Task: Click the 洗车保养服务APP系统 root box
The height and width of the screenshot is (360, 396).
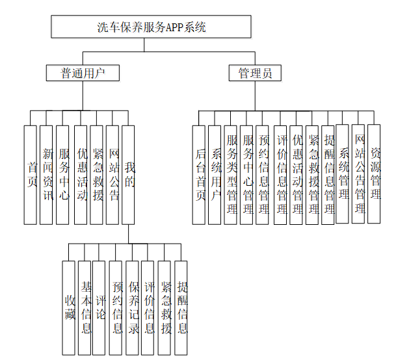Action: (x=151, y=27)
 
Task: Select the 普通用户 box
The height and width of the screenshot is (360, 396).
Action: (x=83, y=73)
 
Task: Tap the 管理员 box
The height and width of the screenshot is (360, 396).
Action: (x=255, y=73)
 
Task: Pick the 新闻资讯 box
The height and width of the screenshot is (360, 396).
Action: (x=47, y=175)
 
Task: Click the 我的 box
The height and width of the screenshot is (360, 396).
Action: (x=129, y=175)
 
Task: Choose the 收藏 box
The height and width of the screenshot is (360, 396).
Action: (x=70, y=307)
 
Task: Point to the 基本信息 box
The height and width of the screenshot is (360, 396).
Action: (x=85, y=307)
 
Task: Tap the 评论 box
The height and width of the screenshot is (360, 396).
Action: (x=99, y=307)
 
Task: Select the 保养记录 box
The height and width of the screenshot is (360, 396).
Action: (x=133, y=307)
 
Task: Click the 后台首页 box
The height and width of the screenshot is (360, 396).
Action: (x=200, y=175)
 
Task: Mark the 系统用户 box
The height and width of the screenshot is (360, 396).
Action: (x=216, y=175)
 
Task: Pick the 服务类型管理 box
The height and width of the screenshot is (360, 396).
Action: (x=231, y=175)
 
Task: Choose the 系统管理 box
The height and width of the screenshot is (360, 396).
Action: (x=343, y=174)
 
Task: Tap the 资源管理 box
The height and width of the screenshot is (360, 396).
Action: (x=375, y=174)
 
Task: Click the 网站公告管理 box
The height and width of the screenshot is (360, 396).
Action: (x=359, y=174)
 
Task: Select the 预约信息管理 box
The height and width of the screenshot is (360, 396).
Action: (x=263, y=175)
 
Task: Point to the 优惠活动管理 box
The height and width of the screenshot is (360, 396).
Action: (x=297, y=175)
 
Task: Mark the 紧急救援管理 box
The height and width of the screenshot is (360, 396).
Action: (x=313, y=175)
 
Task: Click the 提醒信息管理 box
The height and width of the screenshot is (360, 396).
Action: (x=328, y=175)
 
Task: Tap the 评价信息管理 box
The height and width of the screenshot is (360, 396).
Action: (x=281, y=175)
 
